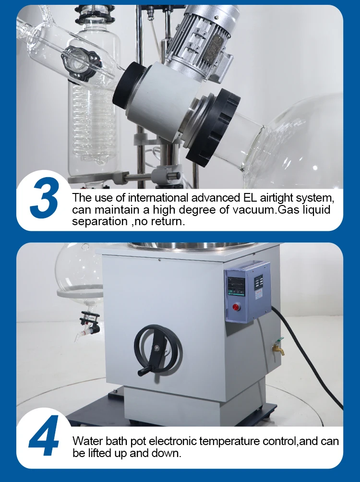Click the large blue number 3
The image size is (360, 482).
[x=44, y=198]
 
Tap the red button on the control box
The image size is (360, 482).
[x=236, y=307]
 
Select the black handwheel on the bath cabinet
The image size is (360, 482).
[x=158, y=350]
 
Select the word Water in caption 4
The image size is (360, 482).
[x=87, y=441]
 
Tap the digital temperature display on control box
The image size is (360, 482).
[x=236, y=286]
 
